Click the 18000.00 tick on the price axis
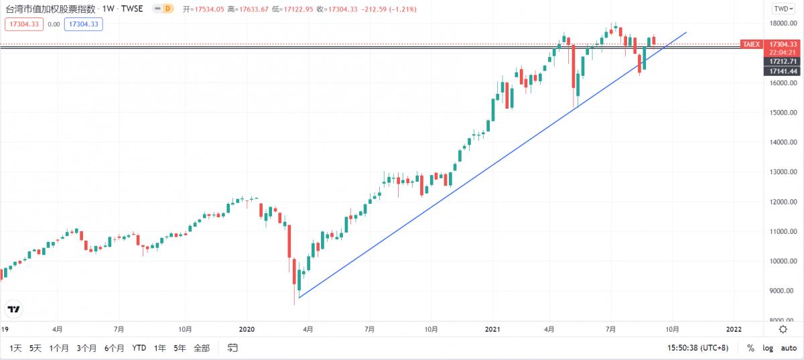click(782, 24)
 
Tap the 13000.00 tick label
click(782, 172)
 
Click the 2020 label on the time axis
click(247, 329)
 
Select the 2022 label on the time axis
click(734, 329)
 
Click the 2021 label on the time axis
click(492, 329)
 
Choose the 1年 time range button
click(160, 348)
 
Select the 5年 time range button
click(180, 348)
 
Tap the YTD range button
click(139, 348)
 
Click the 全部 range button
click(201, 348)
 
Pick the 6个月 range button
click(115, 348)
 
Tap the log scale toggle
click(766, 348)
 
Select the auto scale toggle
click(788, 348)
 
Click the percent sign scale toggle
click(750, 348)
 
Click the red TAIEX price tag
click(750, 44)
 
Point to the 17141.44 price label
click(782, 71)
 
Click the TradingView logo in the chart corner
click(13, 309)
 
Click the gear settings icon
click(783, 329)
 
